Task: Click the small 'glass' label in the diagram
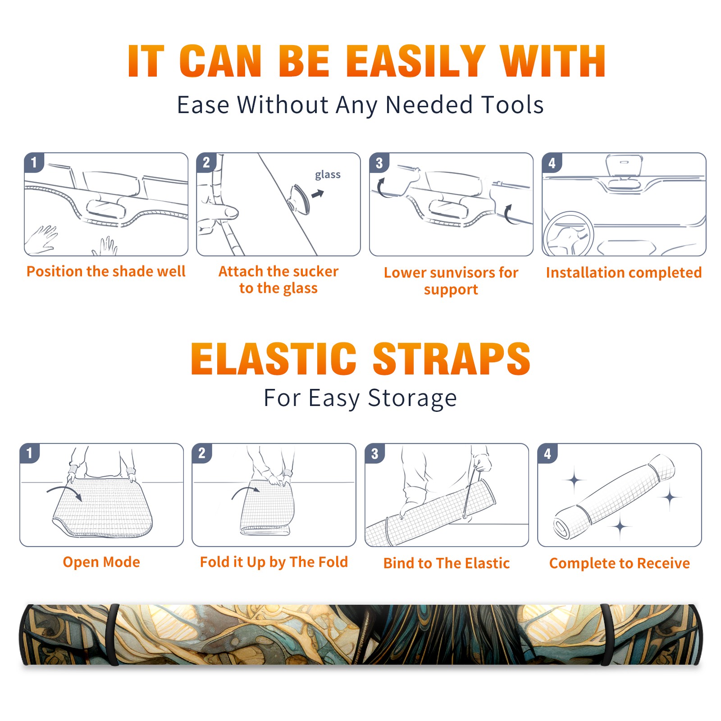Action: [x=328, y=174]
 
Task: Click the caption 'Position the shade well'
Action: [x=106, y=271]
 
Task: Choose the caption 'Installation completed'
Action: [x=624, y=273]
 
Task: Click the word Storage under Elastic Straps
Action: [x=412, y=398]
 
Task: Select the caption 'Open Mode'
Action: [x=101, y=562]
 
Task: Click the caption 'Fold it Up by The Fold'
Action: [x=274, y=562]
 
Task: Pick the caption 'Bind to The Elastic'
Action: [x=447, y=563]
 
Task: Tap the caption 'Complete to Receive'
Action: [x=620, y=563]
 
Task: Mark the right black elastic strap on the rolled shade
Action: [x=606, y=634]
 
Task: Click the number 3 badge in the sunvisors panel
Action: [x=379, y=163]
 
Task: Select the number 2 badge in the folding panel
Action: [x=202, y=453]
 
